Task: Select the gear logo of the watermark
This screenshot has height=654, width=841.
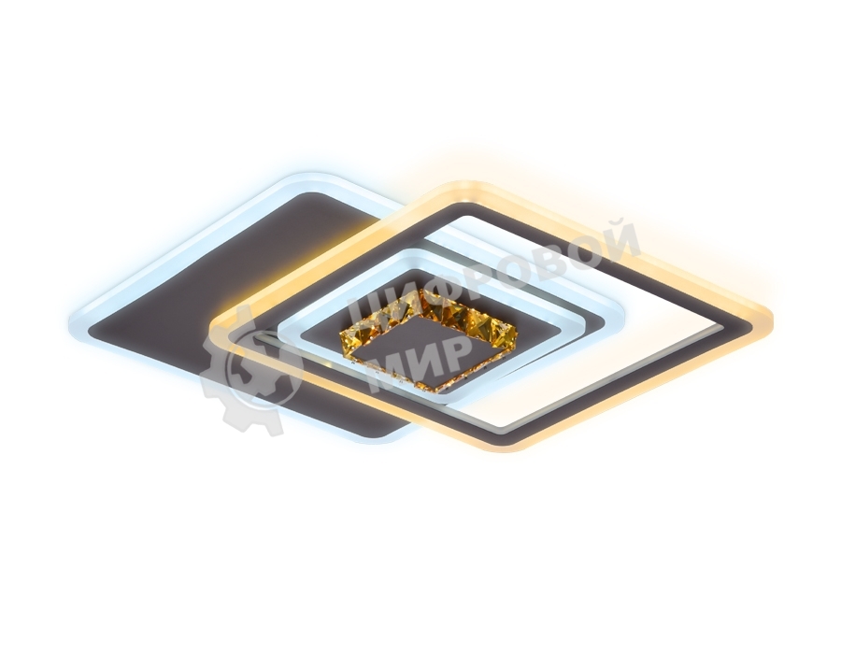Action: pyautogui.click(x=243, y=370)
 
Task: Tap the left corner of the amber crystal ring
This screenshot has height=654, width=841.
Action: pyautogui.click(x=340, y=336)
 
